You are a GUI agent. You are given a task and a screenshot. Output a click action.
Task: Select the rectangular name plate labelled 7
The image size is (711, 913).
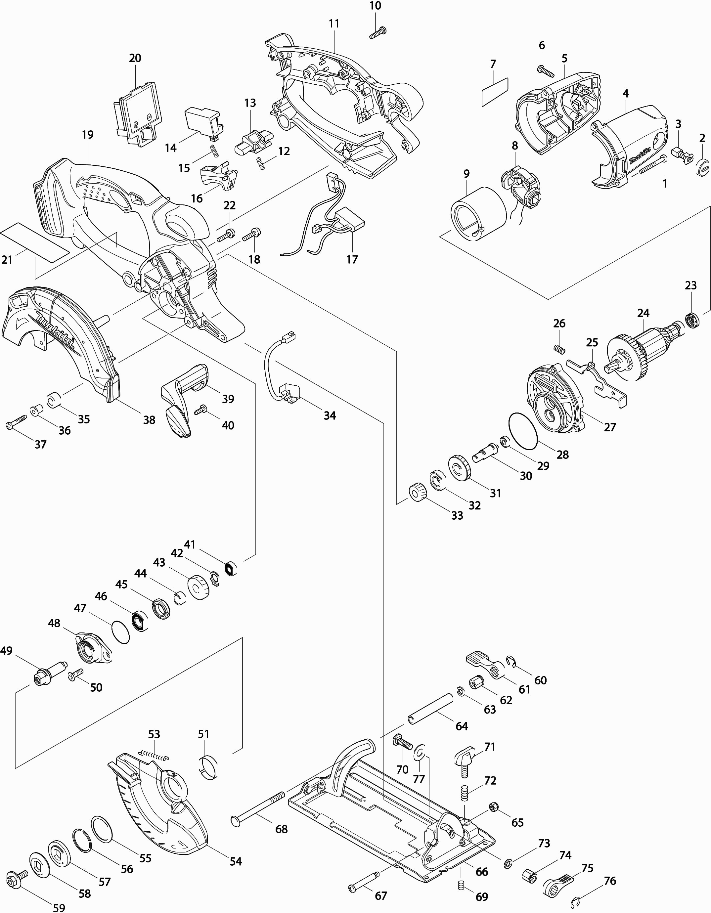495,91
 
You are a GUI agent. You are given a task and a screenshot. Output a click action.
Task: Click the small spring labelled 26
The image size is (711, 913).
559,349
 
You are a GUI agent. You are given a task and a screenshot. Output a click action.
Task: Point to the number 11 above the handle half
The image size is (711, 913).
333,23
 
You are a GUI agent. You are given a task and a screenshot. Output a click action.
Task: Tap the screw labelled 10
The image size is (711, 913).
378,33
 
